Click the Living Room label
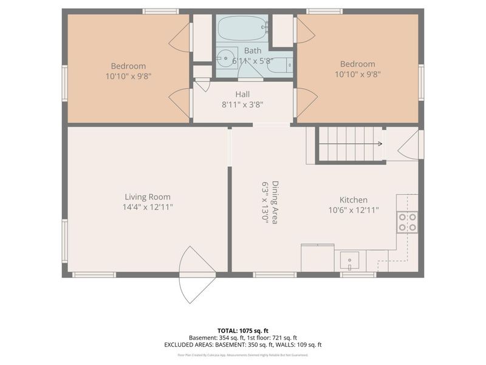[x=147, y=196]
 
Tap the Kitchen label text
[x=353, y=200]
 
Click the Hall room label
[x=243, y=94]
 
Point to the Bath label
[x=253, y=50]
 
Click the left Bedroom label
[x=128, y=66]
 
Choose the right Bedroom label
[x=357, y=64]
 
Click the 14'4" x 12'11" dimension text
[x=147, y=207]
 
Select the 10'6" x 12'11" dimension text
[x=353, y=210]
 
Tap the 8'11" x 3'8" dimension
[x=243, y=104]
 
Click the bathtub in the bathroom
[x=242, y=28]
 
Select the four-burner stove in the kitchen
[x=408, y=222]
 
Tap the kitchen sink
[x=350, y=261]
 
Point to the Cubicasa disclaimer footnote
[x=243, y=355]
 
